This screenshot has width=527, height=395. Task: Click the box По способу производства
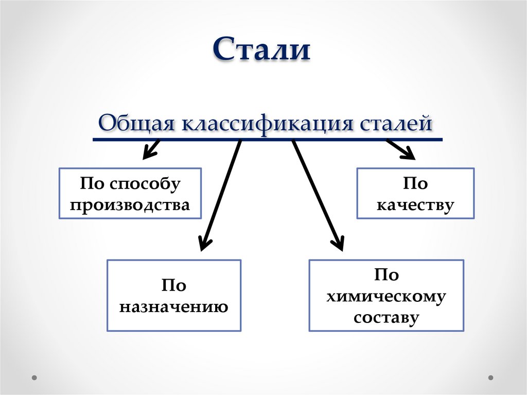point(130,194)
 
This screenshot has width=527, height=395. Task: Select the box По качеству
point(415,194)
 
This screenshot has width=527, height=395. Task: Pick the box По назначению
point(174,295)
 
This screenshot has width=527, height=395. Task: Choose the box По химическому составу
point(386,295)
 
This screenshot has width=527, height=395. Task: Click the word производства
point(130,205)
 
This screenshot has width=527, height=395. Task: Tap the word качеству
point(415,205)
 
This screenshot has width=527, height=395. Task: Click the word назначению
point(174,307)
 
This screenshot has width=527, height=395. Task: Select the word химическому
point(386,296)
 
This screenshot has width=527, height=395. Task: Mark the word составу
point(386,317)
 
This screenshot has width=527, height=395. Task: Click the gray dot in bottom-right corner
point(492,377)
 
